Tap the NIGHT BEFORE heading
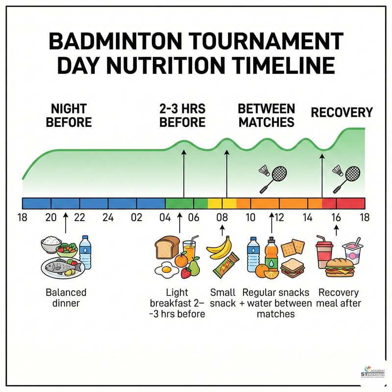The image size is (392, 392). point(69,115)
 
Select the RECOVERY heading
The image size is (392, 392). point(342,113)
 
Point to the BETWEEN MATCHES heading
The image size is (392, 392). point(266,115)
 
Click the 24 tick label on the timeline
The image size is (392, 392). point(108,218)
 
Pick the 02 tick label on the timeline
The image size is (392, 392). point(137,218)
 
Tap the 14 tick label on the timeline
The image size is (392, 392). point(307,218)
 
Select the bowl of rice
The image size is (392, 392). point(51,243)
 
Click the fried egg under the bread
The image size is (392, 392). point(166,269)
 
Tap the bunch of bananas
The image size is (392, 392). point(219,247)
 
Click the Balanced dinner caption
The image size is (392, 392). point(66,298)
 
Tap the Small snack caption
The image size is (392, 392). point(223,298)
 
